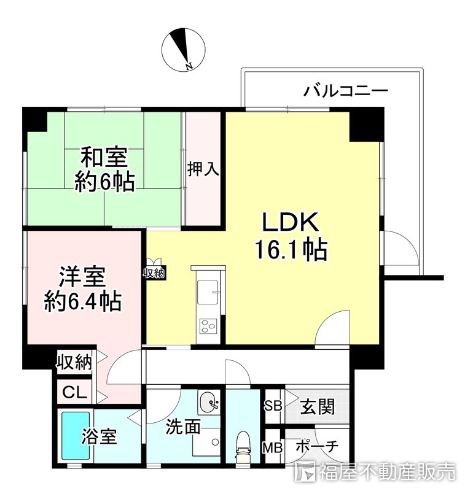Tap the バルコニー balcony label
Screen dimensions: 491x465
(x=346, y=92)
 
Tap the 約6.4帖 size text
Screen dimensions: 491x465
(x=82, y=302)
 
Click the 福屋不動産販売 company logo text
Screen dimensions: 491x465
(x=387, y=472)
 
